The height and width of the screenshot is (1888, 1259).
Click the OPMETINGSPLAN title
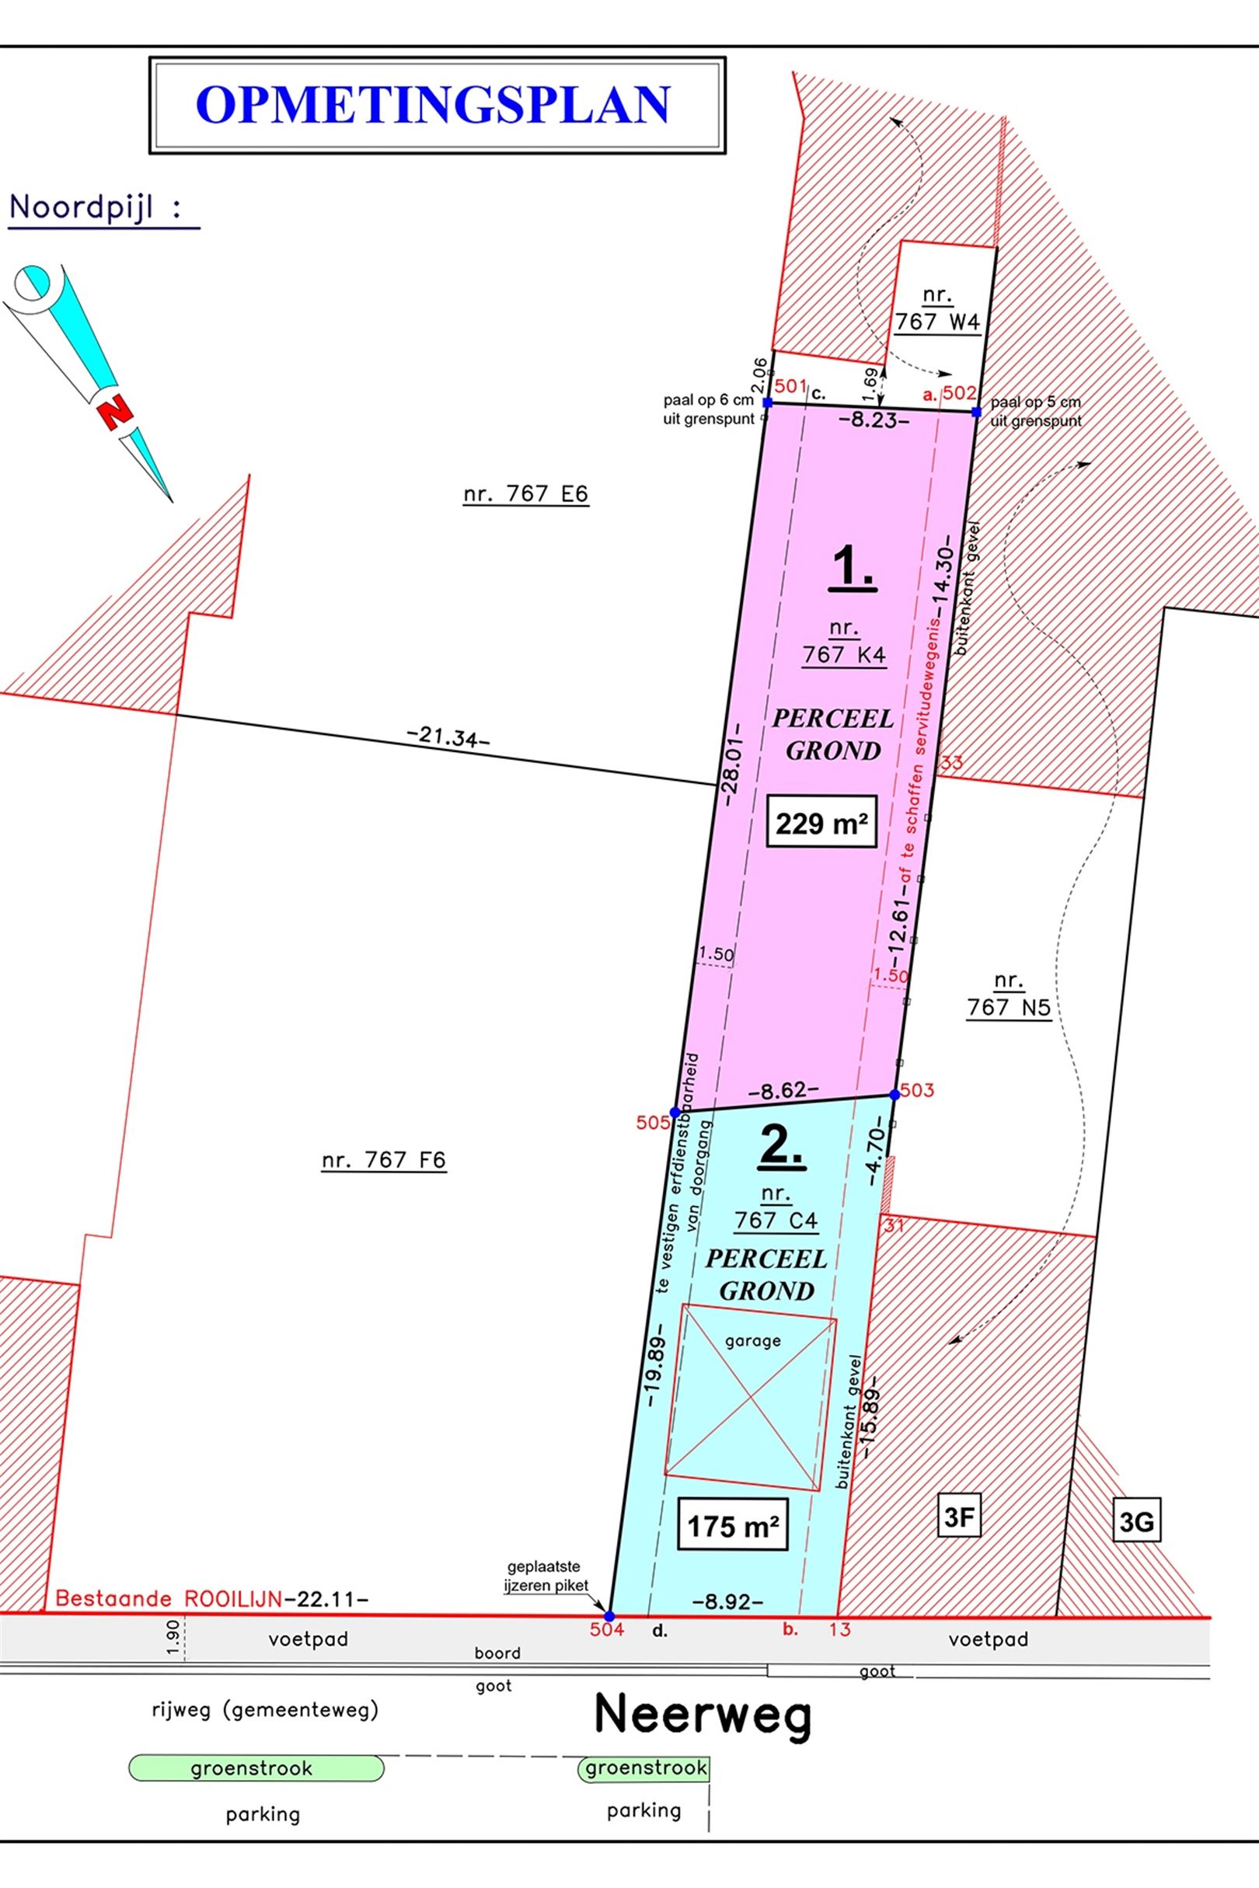(433, 104)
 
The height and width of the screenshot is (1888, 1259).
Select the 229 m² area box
(821, 823)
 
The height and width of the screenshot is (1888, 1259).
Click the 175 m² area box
(733, 1525)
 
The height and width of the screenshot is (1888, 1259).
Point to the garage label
(752, 1340)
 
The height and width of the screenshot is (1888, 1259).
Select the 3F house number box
(960, 1518)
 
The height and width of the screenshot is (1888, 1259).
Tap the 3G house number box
(1137, 1522)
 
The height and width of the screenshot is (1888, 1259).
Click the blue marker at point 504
(609, 1616)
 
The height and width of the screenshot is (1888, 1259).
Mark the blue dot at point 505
(675, 1112)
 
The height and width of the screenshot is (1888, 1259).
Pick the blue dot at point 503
(895, 1094)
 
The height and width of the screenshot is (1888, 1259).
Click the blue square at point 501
(768, 403)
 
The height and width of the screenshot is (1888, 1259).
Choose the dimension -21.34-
(449, 736)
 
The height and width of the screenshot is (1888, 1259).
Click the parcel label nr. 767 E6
(526, 493)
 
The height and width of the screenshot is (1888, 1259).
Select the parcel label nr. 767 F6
(384, 1160)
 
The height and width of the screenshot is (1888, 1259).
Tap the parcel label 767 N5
(1009, 995)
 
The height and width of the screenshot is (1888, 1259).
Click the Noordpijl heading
(95, 208)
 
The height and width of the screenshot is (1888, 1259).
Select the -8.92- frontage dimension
(727, 1601)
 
